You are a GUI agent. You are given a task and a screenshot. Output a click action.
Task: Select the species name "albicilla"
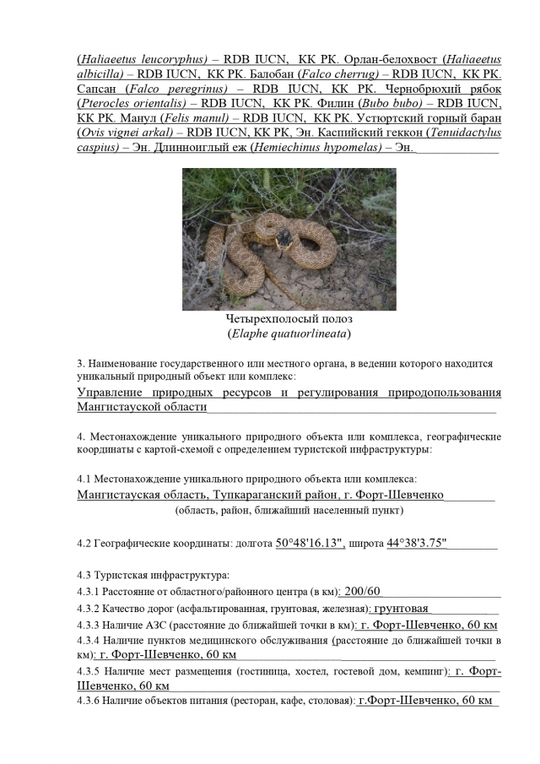(x=102, y=74)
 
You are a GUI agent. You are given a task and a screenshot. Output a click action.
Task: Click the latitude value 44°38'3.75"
(x=417, y=544)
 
